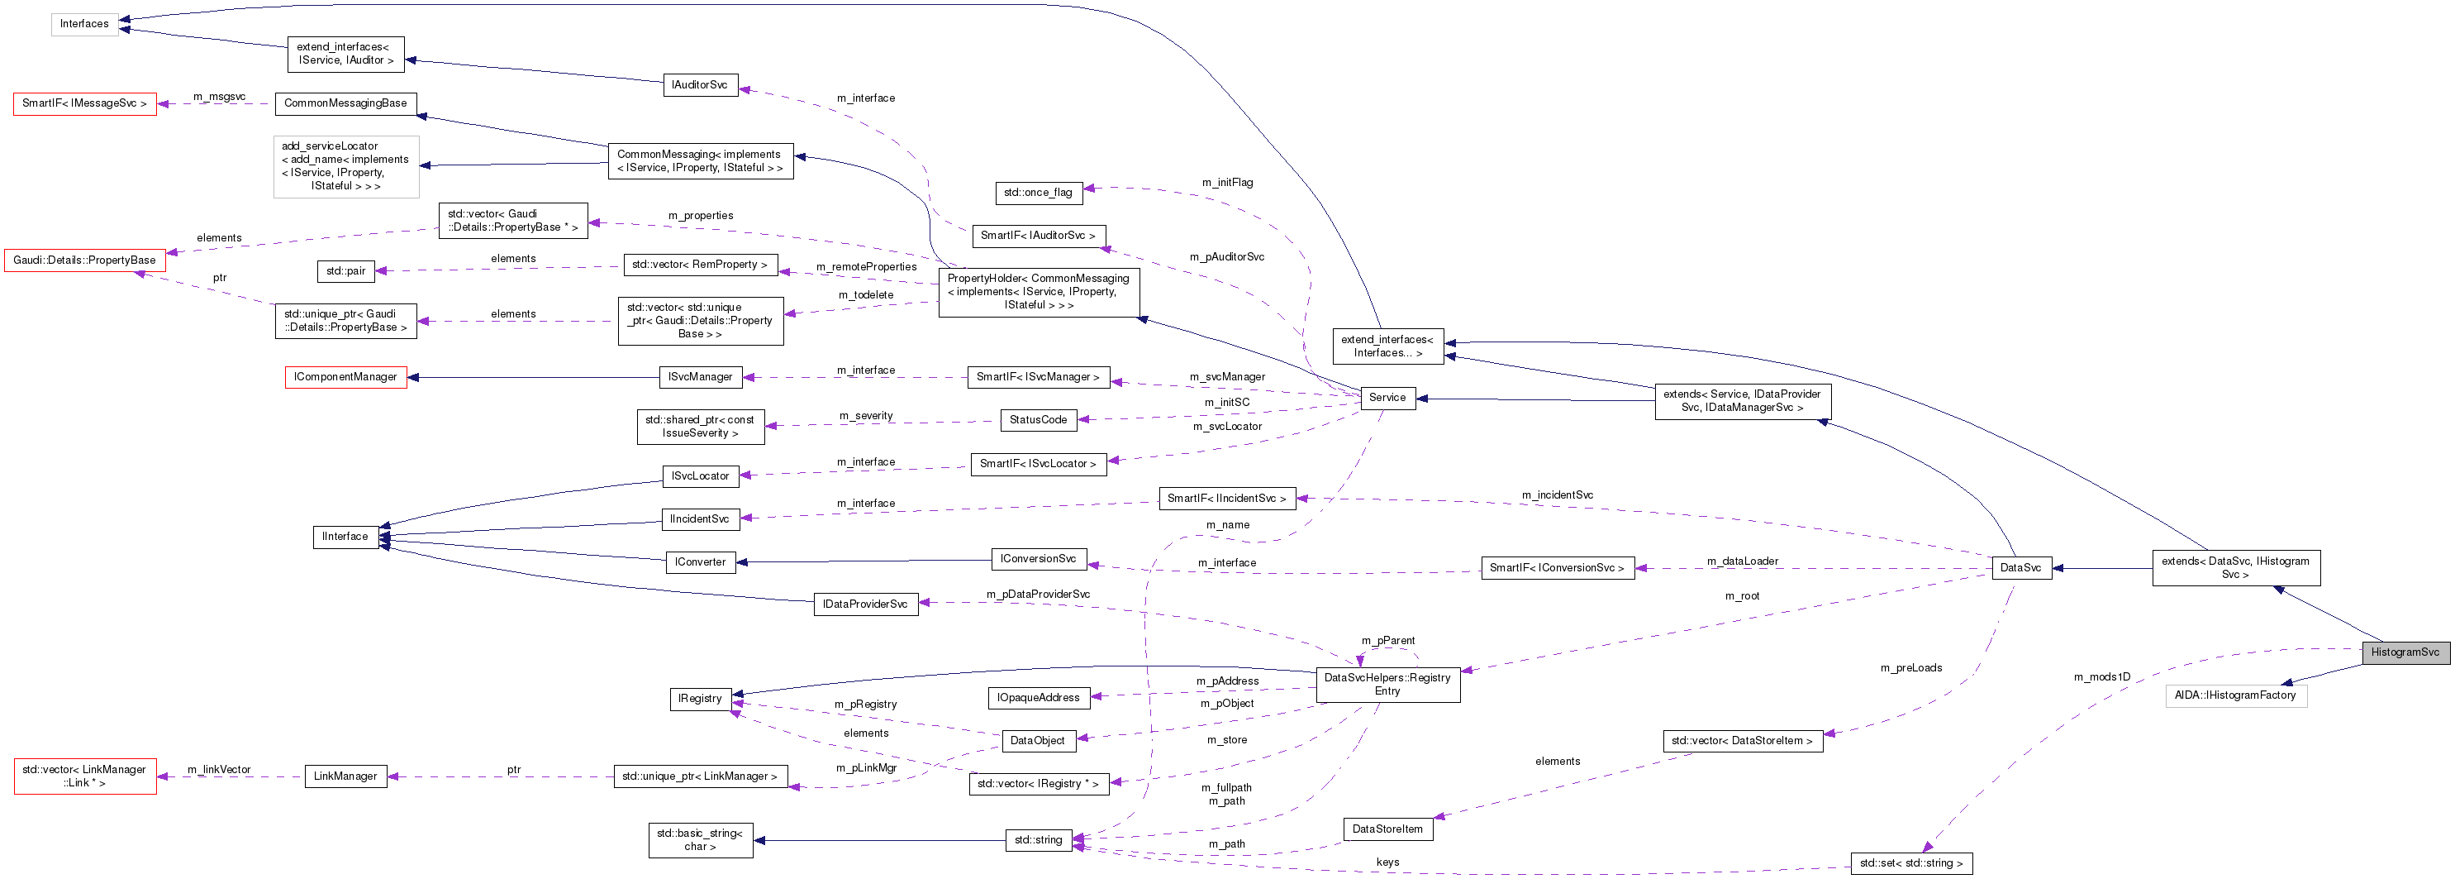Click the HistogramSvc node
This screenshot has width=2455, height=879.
coord(2405,652)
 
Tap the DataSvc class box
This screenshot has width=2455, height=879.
coord(2020,568)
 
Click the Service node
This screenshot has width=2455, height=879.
coord(1387,398)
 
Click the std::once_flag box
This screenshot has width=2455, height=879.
coord(1038,193)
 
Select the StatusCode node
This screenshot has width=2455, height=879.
coord(1038,419)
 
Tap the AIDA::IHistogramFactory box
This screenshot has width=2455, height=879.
coord(2235,695)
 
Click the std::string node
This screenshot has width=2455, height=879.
coord(1038,840)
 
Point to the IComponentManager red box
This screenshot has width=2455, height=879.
coord(345,378)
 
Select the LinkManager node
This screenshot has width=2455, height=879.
coord(345,776)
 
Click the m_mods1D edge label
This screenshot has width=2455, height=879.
coord(2101,677)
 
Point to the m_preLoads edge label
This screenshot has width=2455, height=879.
coord(1910,667)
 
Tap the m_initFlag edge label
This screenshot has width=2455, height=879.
coord(1228,182)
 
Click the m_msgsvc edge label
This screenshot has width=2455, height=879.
coord(219,96)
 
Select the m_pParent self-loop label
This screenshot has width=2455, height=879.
coord(1387,641)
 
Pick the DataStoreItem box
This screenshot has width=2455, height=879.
coord(1387,829)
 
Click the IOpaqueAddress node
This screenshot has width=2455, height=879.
coord(1038,698)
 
